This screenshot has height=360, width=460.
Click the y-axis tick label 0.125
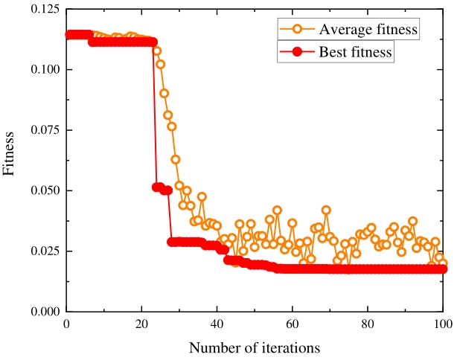tap(42, 8)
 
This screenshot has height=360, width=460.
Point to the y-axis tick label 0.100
tap(42, 69)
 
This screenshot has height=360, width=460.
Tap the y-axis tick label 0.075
tap(42, 129)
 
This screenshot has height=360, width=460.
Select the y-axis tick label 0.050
tap(42, 190)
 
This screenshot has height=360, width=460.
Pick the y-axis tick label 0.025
tap(42, 251)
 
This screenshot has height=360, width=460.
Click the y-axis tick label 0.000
tap(42, 312)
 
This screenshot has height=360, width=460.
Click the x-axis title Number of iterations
tap(254, 347)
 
